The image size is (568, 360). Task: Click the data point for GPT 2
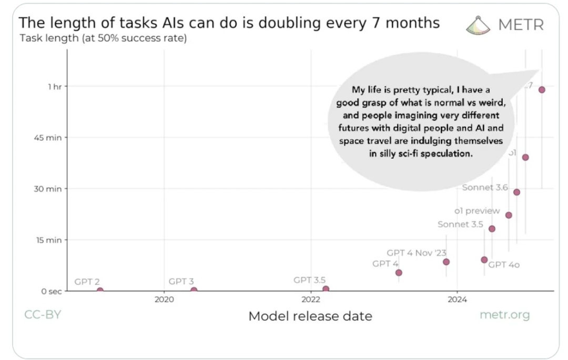tap(100, 291)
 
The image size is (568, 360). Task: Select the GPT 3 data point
tap(194, 290)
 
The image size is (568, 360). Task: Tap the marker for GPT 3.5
tap(326, 289)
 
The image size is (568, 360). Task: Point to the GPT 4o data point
tap(484, 260)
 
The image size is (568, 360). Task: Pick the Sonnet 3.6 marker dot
tap(516, 192)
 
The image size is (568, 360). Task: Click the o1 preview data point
tap(509, 215)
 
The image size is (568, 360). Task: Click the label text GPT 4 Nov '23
tap(416, 253)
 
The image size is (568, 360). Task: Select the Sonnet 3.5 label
tap(460, 224)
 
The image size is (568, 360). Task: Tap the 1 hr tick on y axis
tap(55, 87)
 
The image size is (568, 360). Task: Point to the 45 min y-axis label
tap(48, 138)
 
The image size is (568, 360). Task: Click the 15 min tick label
tap(48, 240)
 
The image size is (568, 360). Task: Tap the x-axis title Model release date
tap(310, 316)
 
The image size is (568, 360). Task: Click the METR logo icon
tap(479, 25)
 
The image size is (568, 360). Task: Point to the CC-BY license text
tap(43, 315)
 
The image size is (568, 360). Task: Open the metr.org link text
tap(504, 315)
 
